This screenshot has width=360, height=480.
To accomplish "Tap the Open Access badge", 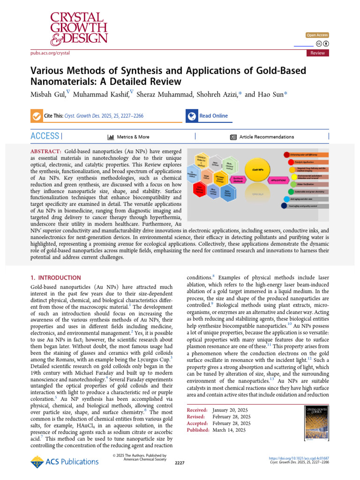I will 317,35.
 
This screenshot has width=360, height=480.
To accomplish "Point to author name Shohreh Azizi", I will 219,94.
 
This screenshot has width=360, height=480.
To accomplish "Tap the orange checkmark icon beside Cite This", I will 36,116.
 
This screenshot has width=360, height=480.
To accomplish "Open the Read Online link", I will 213,116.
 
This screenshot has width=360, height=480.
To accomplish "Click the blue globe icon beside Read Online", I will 191,116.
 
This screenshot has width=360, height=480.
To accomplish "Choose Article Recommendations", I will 267,137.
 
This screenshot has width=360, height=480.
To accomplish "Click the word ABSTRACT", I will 46,152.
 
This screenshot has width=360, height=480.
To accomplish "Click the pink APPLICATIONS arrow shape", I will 277,180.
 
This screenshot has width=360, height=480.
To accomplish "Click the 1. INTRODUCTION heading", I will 55,278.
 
